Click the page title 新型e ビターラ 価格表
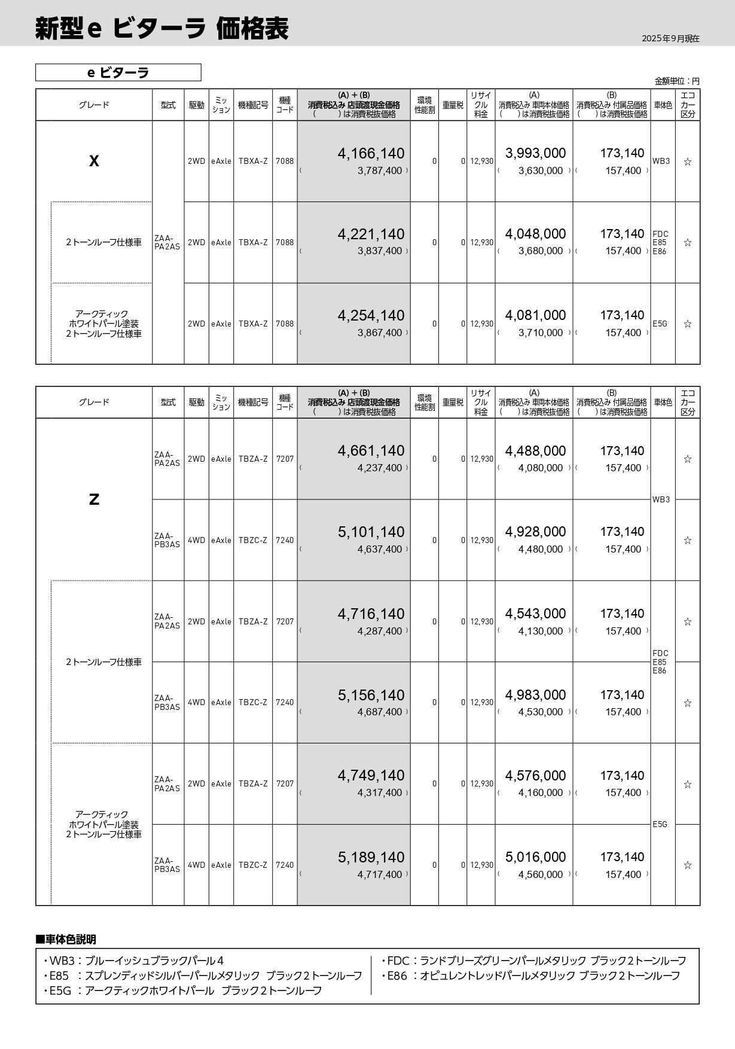pyautogui.click(x=161, y=29)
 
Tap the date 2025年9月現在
pyautogui.click(x=670, y=39)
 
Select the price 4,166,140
pyautogui.click(x=371, y=154)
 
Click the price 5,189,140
pyautogui.click(x=371, y=857)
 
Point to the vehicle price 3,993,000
pyautogui.click(x=535, y=154)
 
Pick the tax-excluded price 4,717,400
pyautogui.click(x=380, y=874)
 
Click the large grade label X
pyautogui.click(x=94, y=161)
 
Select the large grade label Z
pyautogui.click(x=94, y=499)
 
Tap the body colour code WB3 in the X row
pyautogui.click(x=661, y=161)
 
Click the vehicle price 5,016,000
pyautogui.click(x=535, y=857)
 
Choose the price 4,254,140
pyautogui.click(x=371, y=315)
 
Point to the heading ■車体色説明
pyautogui.click(x=66, y=940)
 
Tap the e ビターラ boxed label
pyautogui.click(x=118, y=72)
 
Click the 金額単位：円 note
pyautogui.click(x=677, y=81)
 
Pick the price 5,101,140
pyautogui.click(x=371, y=532)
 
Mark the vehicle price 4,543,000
pyautogui.click(x=535, y=614)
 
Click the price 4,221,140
pyautogui.click(x=371, y=234)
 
